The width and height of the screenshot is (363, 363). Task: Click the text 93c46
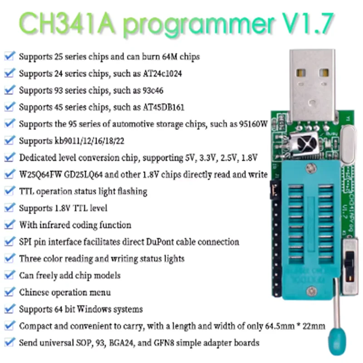(x=150, y=91)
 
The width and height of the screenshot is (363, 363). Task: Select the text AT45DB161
(x=161, y=108)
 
